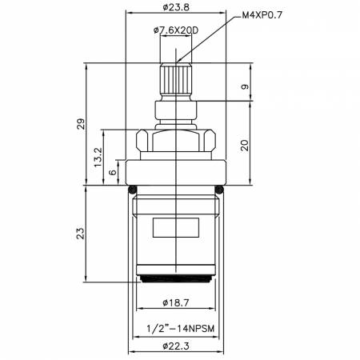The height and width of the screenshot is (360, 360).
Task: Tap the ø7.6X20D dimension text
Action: click(x=176, y=30)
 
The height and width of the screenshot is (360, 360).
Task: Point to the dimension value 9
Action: click(x=246, y=86)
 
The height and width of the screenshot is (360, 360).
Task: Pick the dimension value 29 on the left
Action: click(x=80, y=124)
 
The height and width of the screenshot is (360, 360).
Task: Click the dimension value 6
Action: click(x=114, y=170)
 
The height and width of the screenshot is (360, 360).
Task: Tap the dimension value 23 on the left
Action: click(x=80, y=233)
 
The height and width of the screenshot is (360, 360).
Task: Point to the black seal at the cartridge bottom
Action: click(x=175, y=278)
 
